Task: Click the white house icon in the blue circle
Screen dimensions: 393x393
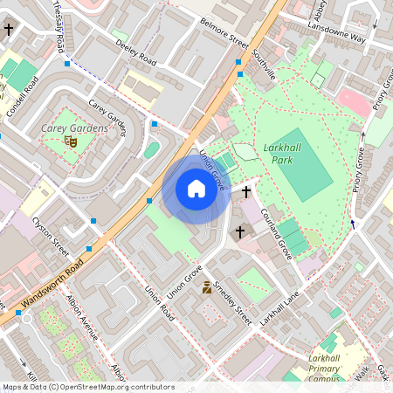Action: pyautogui.click(x=196, y=189)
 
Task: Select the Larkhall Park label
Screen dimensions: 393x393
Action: pyautogui.click(x=282, y=154)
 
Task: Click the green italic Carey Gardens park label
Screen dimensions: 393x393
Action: pyautogui.click(x=74, y=128)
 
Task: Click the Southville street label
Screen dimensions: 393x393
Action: pyautogui.click(x=263, y=65)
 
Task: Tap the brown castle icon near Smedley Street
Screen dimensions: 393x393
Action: pyautogui.click(x=207, y=287)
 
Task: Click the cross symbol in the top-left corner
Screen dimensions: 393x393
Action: pyautogui.click(x=9, y=29)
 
